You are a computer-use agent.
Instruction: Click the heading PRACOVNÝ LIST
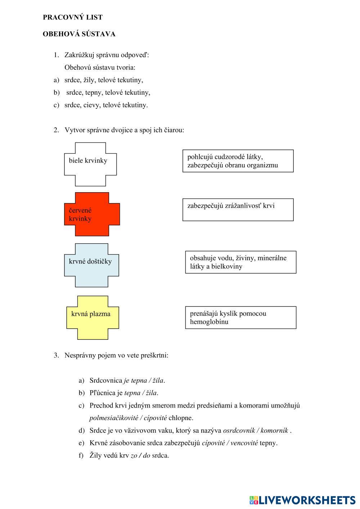click(72, 17)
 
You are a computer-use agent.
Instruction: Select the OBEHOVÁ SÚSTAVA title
click(79, 34)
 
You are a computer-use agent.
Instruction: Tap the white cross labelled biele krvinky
click(90, 164)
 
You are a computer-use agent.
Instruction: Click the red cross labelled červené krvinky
click(92, 214)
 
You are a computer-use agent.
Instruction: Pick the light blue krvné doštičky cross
click(91, 265)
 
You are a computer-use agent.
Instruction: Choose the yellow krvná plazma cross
click(93, 317)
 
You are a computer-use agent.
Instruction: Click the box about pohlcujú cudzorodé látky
click(238, 161)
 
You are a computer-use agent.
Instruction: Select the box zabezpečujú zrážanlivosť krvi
click(238, 210)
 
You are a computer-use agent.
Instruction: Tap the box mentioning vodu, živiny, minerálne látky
click(240, 262)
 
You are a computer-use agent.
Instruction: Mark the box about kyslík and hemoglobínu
click(240, 317)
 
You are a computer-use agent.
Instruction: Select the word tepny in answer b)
click(94, 93)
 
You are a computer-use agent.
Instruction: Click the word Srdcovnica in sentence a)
click(105, 380)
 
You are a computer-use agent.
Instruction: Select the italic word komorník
click(274, 431)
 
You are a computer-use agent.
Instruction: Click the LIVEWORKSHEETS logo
click(302, 500)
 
